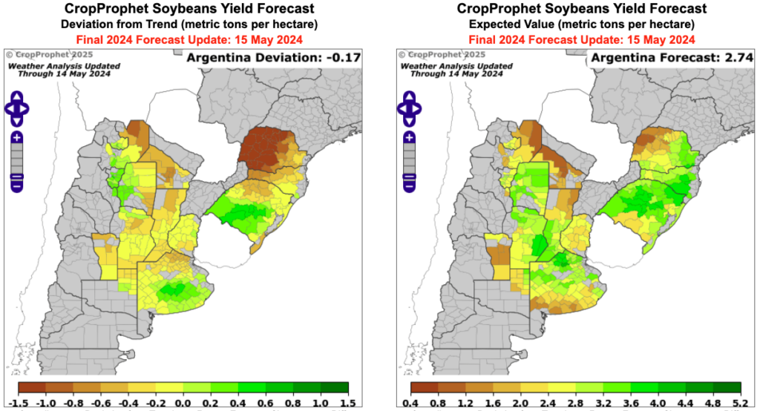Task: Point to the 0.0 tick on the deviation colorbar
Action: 183,403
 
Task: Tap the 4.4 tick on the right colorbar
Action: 686,403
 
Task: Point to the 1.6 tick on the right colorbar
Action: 493,403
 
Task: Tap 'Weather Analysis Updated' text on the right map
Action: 457,65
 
